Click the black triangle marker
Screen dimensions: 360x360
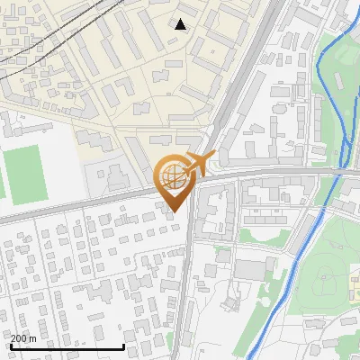coord(180,24)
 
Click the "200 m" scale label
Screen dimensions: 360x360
coord(23,338)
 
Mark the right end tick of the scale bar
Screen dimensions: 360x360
coord(123,346)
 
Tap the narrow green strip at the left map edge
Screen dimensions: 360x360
coord(2,180)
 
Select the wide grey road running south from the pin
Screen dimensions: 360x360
coord(183,288)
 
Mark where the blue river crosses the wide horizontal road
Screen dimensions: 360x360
coord(336,170)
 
